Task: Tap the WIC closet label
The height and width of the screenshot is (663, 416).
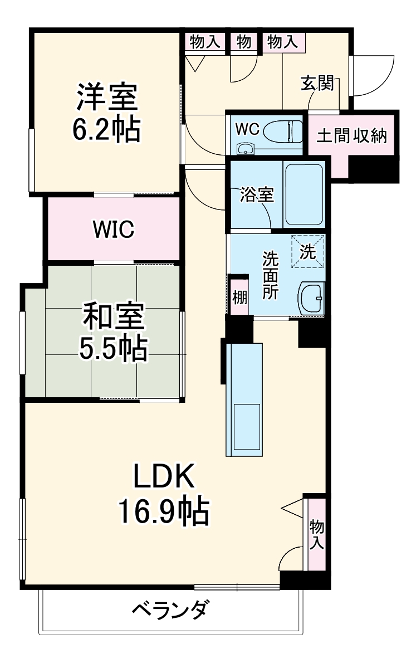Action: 113,228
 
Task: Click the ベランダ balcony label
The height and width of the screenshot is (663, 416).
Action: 171,610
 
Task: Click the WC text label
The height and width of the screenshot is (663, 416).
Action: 247,129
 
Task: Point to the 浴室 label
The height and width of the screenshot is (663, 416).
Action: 257,195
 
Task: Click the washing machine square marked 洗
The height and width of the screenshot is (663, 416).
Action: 308,251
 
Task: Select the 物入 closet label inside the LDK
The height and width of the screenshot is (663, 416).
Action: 316,534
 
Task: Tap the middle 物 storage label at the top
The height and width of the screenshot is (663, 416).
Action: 243,41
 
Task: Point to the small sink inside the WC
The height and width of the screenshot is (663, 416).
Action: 245,148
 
